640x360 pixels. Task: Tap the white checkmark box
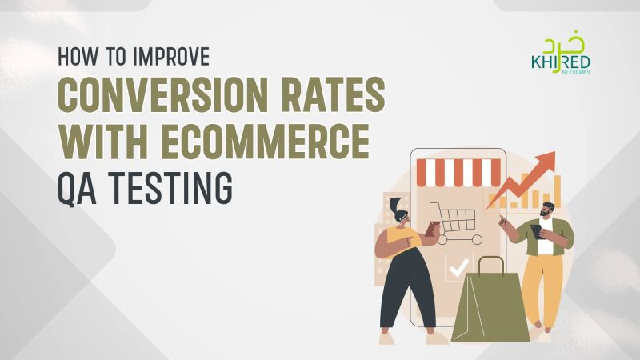click(459, 267)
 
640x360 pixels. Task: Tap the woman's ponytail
click(394, 205)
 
